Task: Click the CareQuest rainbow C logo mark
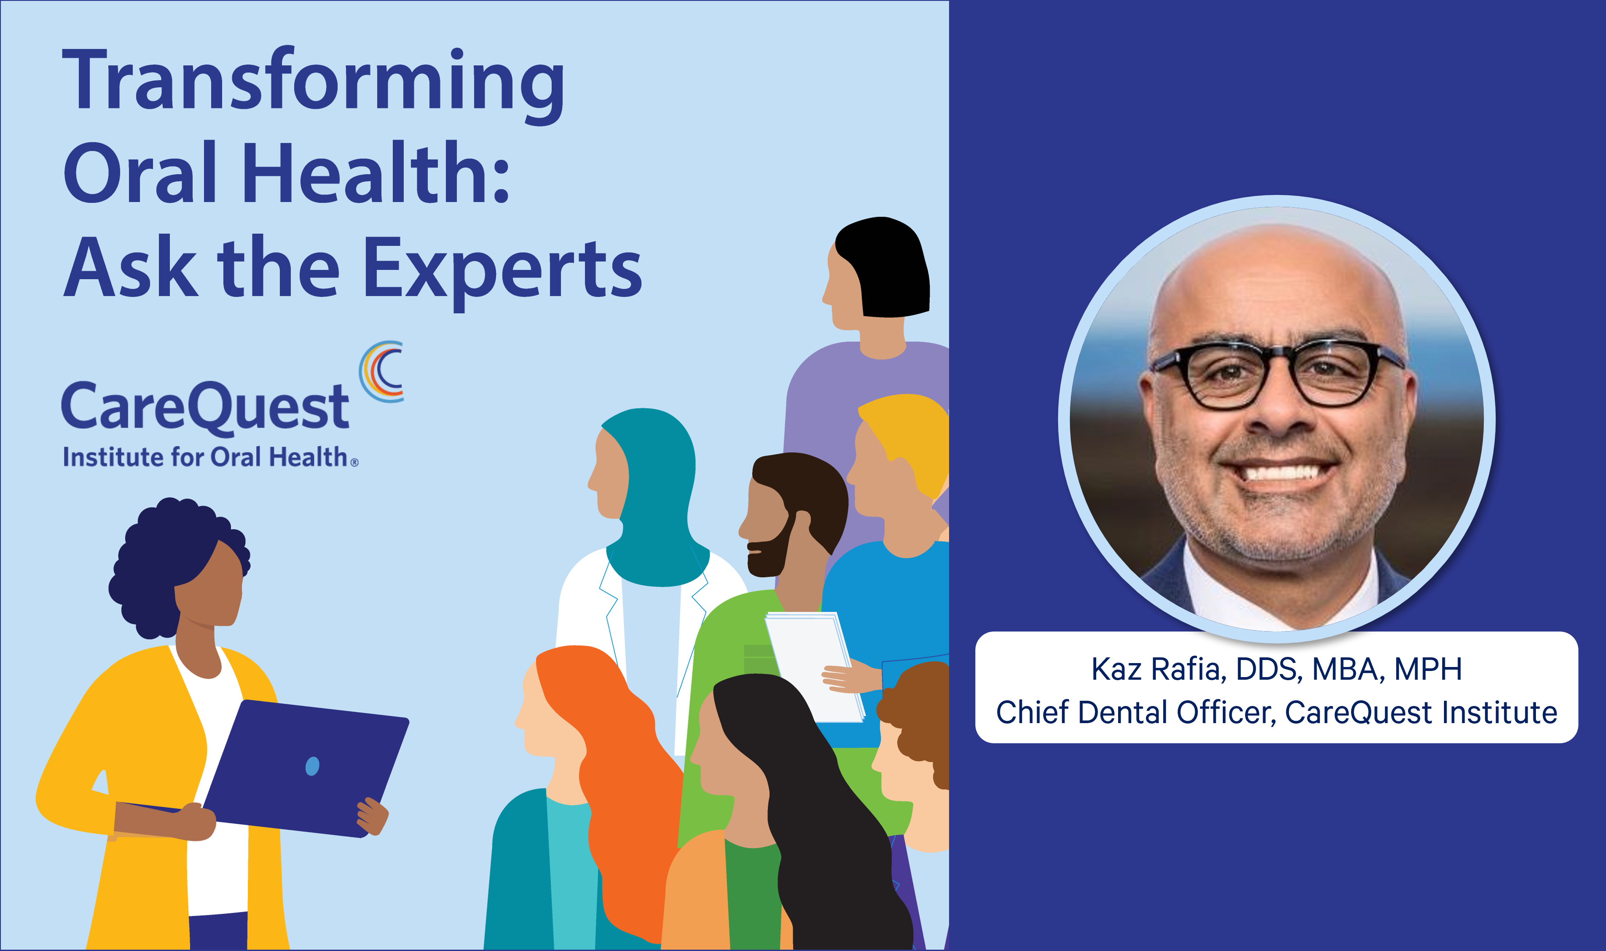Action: click(x=381, y=371)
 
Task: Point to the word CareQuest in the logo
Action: click(x=205, y=407)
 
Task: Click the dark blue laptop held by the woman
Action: click(x=306, y=768)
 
